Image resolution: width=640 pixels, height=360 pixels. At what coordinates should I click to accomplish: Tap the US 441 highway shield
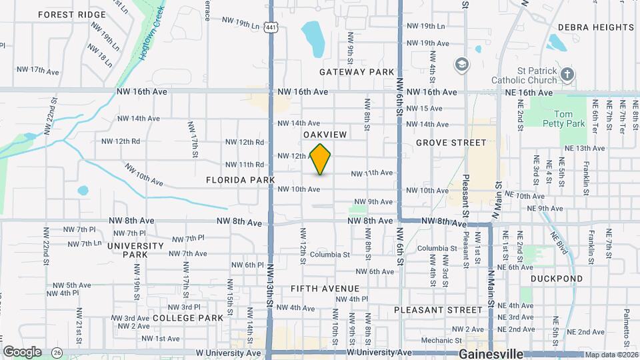(x=271, y=27)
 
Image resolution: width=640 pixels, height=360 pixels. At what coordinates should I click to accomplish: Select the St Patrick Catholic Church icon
(x=567, y=73)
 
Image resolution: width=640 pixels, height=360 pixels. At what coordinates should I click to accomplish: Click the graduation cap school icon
(x=461, y=65)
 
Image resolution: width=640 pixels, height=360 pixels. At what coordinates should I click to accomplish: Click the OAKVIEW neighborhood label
(x=325, y=135)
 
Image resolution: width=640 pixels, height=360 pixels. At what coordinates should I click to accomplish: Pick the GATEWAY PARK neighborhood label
(x=357, y=71)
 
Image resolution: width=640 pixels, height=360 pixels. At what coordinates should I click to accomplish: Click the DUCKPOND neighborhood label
(x=557, y=279)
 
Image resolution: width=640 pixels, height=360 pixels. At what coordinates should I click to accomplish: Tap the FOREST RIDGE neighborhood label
(x=72, y=14)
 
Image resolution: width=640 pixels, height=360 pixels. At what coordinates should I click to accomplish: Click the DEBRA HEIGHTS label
(x=595, y=27)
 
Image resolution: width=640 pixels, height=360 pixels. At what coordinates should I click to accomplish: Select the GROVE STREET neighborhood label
(x=451, y=143)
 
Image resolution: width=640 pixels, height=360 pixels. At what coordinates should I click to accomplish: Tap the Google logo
(x=22, y=352)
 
